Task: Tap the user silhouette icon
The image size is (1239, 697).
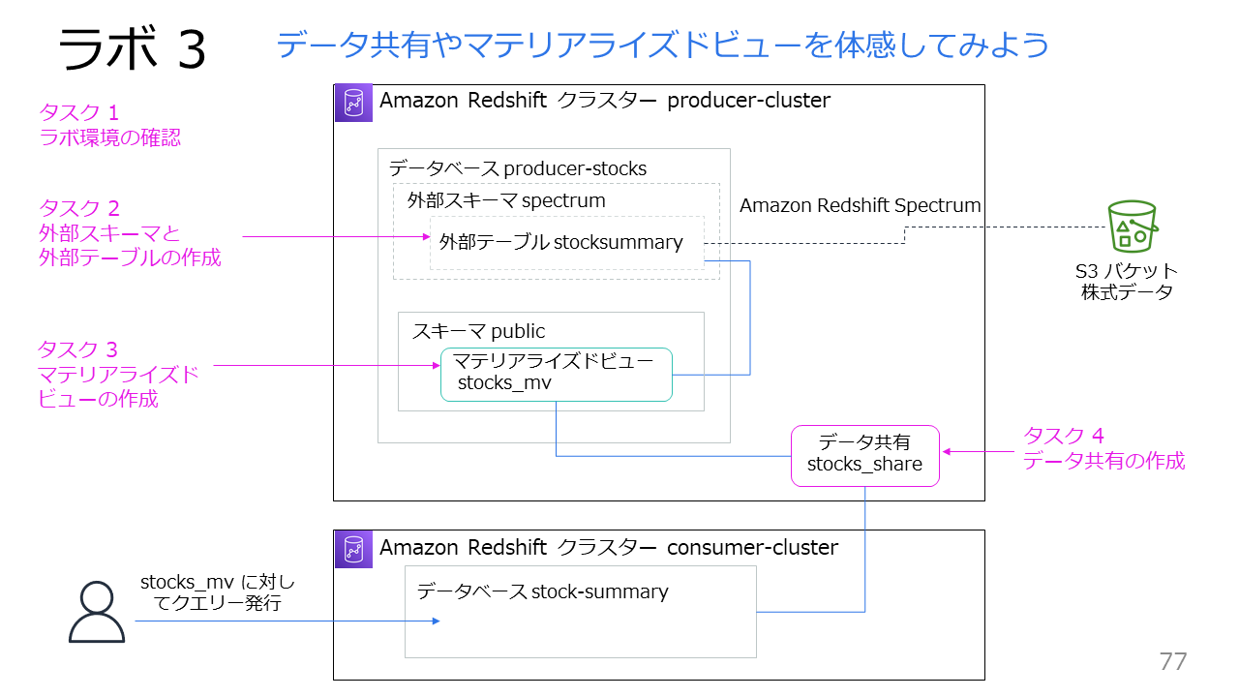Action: (x=97, y=612)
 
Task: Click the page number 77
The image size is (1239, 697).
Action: (x=1172, y=661)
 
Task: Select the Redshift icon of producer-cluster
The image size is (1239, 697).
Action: (x=353, y=103)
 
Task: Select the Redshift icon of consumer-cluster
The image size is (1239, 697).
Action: (x=353, y=548)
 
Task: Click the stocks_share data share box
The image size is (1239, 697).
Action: (x=864, y=455)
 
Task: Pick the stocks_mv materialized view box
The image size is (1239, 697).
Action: (x=556, y=374)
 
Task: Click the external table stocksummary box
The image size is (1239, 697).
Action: (x=565, y=243)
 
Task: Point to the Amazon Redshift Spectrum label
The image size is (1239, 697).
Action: (x=860, y=205)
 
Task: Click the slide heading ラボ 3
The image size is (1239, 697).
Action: (x=133, y=48)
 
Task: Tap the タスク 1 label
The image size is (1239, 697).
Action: (x=79, y=112)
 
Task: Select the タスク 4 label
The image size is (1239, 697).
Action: (x=1064, y=436)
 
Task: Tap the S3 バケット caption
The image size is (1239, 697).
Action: (x=1127, y=271)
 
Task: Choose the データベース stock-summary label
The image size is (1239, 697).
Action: (x=542, y=591)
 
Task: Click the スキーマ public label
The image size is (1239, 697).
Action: (x=478, y=331)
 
